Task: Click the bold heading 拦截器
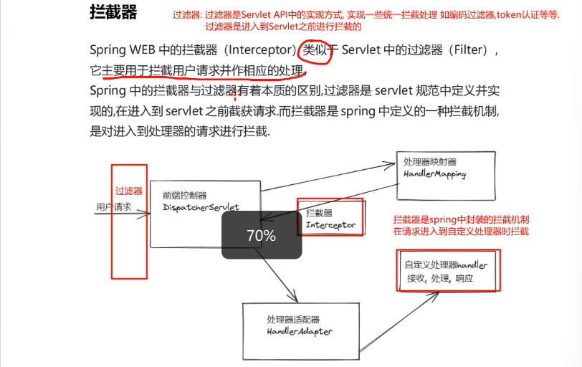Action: [113, 13]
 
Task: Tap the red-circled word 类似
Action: [315, 52]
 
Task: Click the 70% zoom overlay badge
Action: [261, 235]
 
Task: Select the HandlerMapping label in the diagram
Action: [435, 174]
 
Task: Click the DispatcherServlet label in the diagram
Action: [201, 207]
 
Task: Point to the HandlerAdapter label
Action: [300, 332]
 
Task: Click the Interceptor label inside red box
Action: [330, 225]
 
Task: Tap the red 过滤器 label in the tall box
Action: [129, 191]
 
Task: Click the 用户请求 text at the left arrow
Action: [114, 206]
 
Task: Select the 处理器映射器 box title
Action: [429, 162]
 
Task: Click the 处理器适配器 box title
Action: [293, 320]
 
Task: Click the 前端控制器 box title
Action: [185, 195]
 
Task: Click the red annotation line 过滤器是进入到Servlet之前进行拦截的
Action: [283, 27]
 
